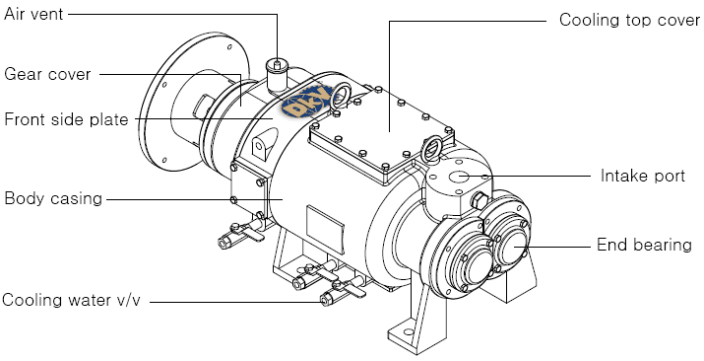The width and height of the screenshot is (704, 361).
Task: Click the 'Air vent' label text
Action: (x=33, y=15)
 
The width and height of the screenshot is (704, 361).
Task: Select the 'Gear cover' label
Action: (x=47, y=74)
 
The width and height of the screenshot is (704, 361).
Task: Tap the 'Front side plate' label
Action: (x=66, y=119)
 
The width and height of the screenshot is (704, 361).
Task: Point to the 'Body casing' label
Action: (x=53, y=198)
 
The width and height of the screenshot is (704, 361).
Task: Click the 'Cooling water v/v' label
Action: (x=71, y=300)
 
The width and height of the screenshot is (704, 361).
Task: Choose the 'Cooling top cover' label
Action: (x=629, y=20)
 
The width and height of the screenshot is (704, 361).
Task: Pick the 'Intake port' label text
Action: (x=643, y=176)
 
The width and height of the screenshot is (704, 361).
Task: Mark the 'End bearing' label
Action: (x=644, y=245)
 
